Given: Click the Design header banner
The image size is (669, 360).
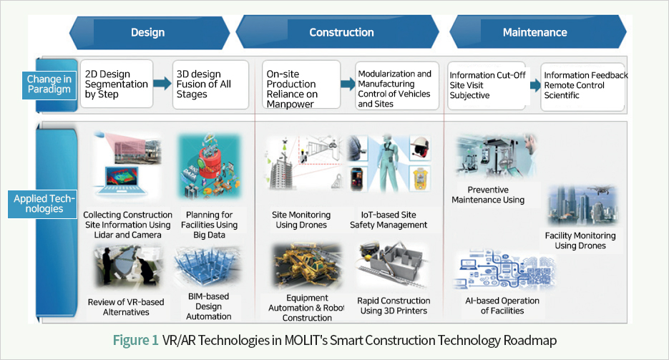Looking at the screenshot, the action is coord(149,32).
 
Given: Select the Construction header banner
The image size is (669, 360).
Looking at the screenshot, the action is coord(337,32).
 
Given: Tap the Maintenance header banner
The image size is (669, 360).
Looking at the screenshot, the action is coord(537,32).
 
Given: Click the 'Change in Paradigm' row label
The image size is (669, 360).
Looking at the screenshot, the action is coord(49,84).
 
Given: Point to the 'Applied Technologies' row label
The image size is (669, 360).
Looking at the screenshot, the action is coord(43,204).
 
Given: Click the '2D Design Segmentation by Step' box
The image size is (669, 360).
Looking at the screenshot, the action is coord(117,84).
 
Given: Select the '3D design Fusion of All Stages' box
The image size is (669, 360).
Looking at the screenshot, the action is coord(210,84).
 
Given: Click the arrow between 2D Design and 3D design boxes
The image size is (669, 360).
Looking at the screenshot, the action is coord(162,83).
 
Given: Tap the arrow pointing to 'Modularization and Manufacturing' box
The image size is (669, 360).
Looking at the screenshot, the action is coord(348,83).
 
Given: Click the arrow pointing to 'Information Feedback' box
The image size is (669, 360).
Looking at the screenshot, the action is coord(535,85).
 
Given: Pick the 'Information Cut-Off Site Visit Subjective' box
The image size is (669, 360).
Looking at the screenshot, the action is coord(488,85).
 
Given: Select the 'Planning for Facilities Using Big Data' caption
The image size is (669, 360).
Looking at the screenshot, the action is coord(209,225).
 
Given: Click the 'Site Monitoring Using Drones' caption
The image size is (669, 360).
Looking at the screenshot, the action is coord(301,220).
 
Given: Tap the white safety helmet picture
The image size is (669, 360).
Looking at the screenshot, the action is coord(420,148).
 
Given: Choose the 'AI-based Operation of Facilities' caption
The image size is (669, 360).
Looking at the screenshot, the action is coord(502,306).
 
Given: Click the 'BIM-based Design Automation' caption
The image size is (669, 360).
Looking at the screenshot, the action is coord(209,306).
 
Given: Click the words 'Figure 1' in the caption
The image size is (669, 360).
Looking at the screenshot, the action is coord(136,341).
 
